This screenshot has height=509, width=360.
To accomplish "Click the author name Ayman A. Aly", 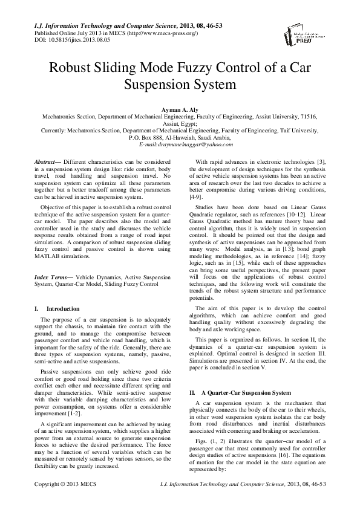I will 180,109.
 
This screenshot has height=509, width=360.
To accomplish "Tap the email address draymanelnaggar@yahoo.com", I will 180,145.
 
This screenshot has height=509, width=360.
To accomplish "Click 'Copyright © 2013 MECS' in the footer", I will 64,501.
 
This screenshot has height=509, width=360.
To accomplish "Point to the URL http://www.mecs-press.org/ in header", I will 160,33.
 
